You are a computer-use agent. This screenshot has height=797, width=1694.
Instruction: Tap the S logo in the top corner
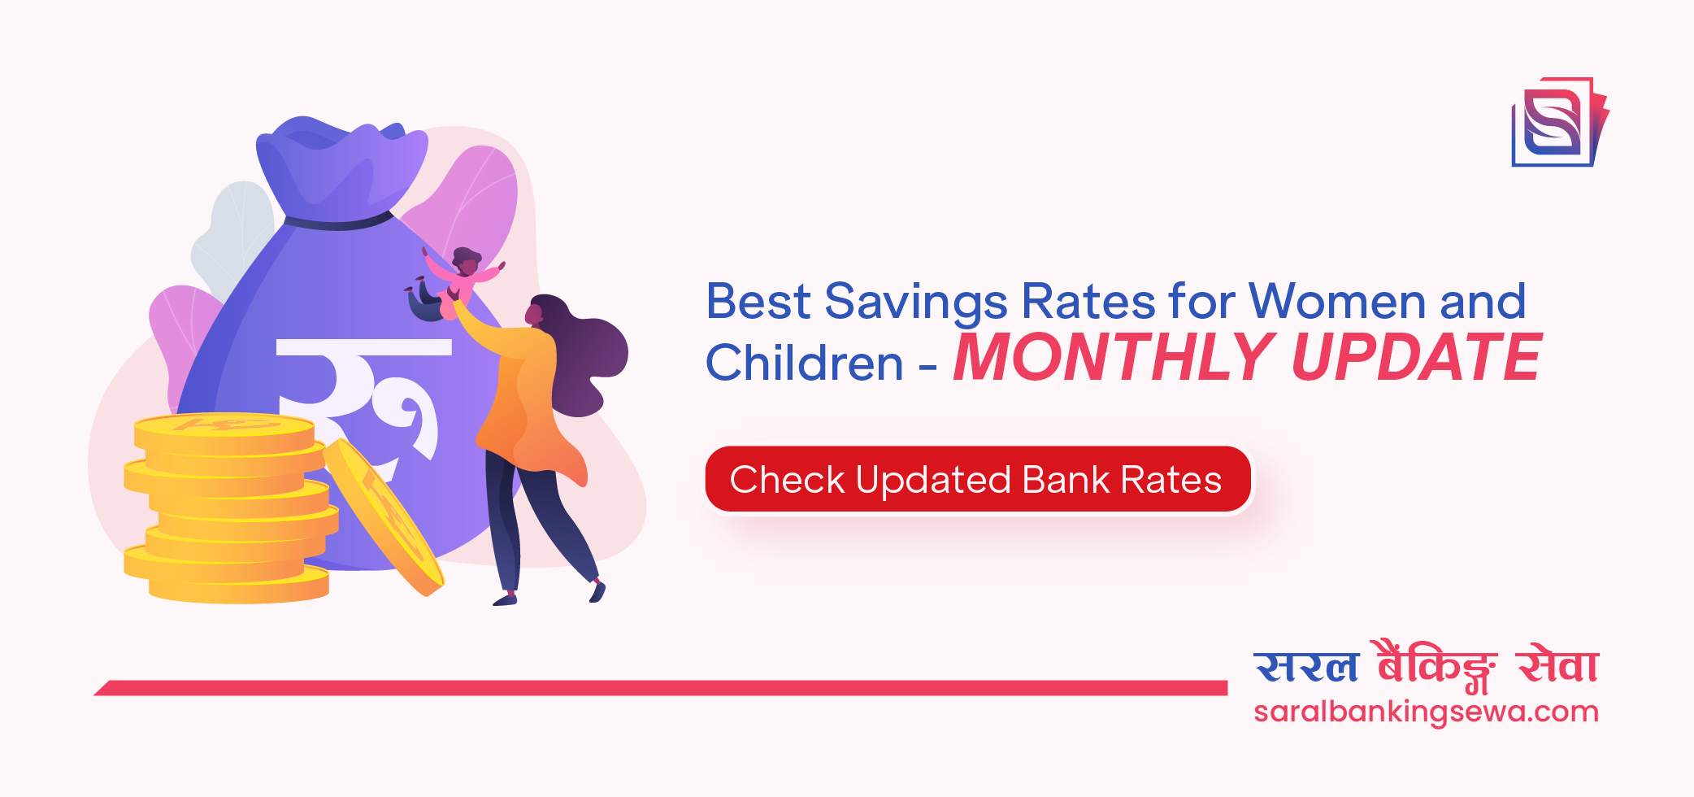[x=1557, y=123]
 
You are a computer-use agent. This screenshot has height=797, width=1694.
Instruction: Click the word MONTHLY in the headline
[x=1112, y=359]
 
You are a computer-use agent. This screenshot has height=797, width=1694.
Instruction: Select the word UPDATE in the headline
[x=1415, y=359]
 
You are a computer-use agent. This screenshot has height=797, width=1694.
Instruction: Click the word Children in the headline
[x=804, y=363]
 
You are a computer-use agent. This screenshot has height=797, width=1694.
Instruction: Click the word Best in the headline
[x=758, y=302]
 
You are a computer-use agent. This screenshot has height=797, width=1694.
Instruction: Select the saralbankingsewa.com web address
[x=1426, y=712]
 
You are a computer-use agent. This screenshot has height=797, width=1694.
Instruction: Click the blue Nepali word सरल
[x=1306, y=667]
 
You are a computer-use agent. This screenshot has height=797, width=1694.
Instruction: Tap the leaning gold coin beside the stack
[x=384, y=516]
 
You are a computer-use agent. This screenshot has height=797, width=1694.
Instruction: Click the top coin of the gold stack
[x=224, y=428]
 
